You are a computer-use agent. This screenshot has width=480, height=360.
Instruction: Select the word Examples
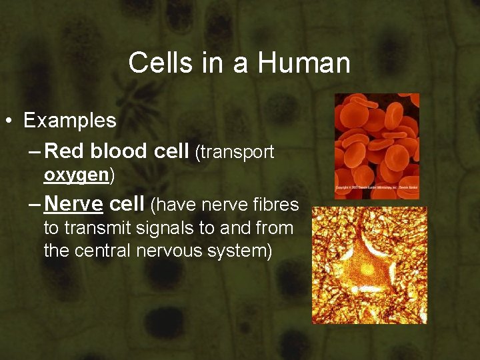point(70,121)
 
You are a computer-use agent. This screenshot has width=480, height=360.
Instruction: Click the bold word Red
point(65,151)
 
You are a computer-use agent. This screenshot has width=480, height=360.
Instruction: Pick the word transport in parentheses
point(237,153)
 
